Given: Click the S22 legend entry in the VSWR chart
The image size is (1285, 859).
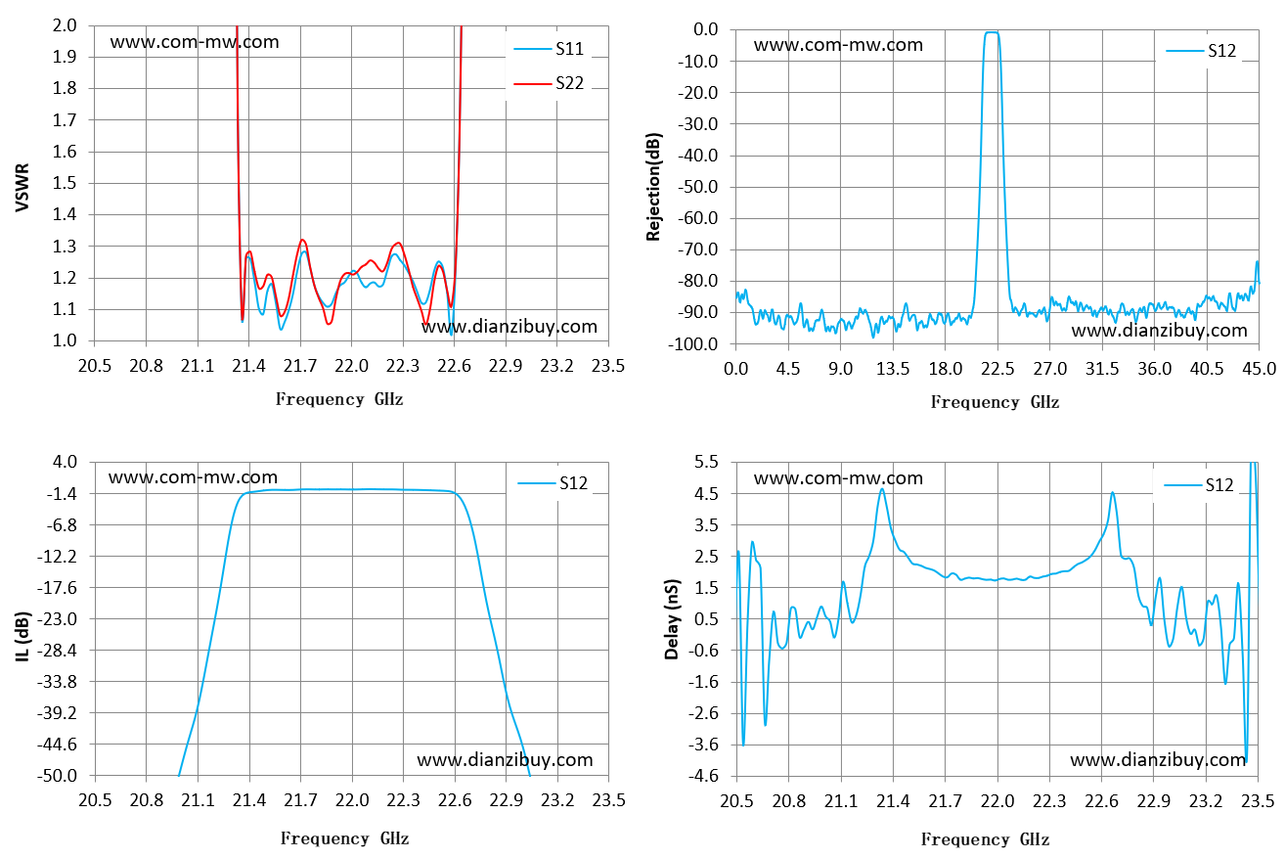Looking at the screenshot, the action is (549, 83).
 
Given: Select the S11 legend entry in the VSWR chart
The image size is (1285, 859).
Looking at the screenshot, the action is (549, 49).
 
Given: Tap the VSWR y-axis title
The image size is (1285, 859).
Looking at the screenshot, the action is (22, 188).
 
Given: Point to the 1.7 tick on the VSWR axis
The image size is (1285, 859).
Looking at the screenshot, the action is (65, 120).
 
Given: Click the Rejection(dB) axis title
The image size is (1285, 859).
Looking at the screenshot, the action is (654, 187).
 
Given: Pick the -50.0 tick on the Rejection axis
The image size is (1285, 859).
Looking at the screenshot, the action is (697, 187).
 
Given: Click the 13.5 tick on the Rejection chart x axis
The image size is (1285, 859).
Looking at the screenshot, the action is (893, 369).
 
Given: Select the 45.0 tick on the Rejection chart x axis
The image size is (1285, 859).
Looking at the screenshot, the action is (1260, 369).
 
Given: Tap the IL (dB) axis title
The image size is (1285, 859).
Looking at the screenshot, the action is (22, 637).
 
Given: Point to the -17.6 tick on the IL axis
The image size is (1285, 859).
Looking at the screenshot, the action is (57, 588).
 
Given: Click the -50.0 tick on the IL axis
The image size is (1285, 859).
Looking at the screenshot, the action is (57, 776).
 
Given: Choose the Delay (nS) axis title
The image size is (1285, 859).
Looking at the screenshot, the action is (672, 619).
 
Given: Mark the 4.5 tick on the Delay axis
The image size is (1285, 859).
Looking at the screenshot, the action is (706, 493).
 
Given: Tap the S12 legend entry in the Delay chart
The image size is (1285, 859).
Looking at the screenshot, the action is (1199, 485).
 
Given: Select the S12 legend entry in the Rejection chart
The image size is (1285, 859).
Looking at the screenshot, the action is (1201, 51).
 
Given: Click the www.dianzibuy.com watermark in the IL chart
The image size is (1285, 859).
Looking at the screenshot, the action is (505, 760).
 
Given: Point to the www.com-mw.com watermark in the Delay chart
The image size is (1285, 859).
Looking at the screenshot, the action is (838, 478).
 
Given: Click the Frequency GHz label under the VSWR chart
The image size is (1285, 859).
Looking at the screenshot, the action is (339, 399).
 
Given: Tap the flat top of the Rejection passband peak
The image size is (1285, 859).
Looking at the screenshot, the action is (992, 32).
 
